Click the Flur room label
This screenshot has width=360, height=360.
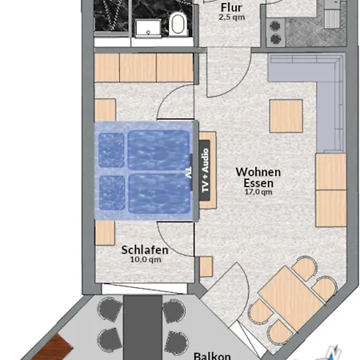coord(231,7)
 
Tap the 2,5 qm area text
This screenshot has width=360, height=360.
coord(232,18)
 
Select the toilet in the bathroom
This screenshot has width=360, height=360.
coord(178,24)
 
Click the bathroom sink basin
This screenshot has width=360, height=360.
coord(148,29)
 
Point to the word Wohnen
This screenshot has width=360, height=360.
coord(258,172)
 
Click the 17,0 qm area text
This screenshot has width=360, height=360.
coord(258,192)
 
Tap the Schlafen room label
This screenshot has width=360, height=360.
coord(145,250)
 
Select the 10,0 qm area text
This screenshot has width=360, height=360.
coord(146,259)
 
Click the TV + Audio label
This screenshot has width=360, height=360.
coord(205,170)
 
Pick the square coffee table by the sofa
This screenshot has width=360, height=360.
coord(286,116)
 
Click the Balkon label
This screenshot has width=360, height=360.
coord(212,356)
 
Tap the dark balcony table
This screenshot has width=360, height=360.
coord(142,327)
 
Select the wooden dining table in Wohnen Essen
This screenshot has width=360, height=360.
coord(291,298)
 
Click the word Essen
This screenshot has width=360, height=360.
coord(258,183)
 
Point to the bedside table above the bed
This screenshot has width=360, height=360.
coord(105,110)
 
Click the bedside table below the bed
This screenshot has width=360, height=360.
coord(105,233)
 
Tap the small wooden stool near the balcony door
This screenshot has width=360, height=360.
coord(206,266)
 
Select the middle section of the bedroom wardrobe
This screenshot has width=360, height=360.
coord(138,67)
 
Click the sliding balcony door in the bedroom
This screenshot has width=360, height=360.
coord(145,289)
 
